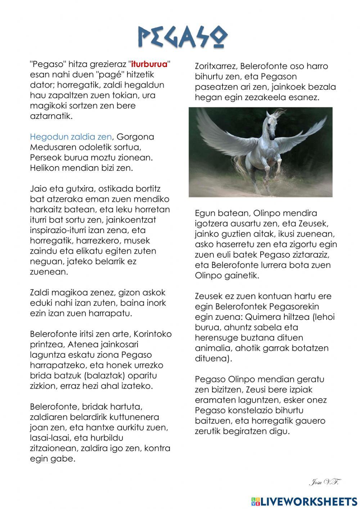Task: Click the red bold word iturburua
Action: coord(149,64)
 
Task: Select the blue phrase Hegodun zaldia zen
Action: coord(71,137)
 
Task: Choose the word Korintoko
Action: coord(153,334)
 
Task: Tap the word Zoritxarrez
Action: coord(216,66)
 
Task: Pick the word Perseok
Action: coord(45,158)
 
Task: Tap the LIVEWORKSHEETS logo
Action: coord(304,501)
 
